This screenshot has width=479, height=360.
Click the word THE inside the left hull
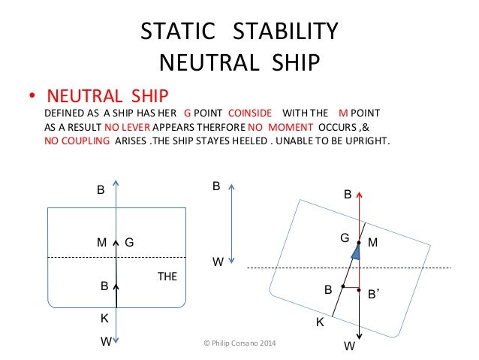[167, 277]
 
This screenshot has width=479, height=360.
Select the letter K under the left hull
[104, 319]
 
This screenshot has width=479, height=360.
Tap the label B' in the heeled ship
[372, 296]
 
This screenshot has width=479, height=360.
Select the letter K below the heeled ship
[319, 322]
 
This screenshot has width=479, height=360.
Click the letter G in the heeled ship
[345, 237]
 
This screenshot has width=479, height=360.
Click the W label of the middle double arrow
[218, 263]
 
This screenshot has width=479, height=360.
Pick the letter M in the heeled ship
[374, 243]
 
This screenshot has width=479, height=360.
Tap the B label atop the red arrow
[348, 195]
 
